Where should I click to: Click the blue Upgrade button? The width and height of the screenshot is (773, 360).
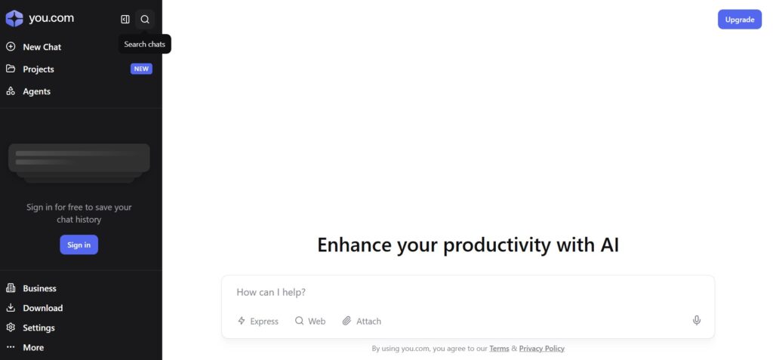click(740, 19)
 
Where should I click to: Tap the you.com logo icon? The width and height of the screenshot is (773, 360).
click(14, 19)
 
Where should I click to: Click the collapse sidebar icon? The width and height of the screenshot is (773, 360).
click(125, 19)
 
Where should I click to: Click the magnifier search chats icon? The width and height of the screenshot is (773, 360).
click(145, 19)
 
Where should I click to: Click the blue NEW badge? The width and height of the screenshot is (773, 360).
click(141, 69)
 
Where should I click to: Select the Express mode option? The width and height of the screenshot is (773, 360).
click(258, 321)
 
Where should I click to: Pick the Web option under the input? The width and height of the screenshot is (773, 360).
click(310, 321)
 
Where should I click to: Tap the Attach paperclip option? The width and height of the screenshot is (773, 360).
click(362, 321)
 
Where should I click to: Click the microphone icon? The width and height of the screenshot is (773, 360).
click(697, 321)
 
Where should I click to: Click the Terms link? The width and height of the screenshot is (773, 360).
click(499, 348)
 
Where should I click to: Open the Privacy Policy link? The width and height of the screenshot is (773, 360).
click(542, 348)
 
